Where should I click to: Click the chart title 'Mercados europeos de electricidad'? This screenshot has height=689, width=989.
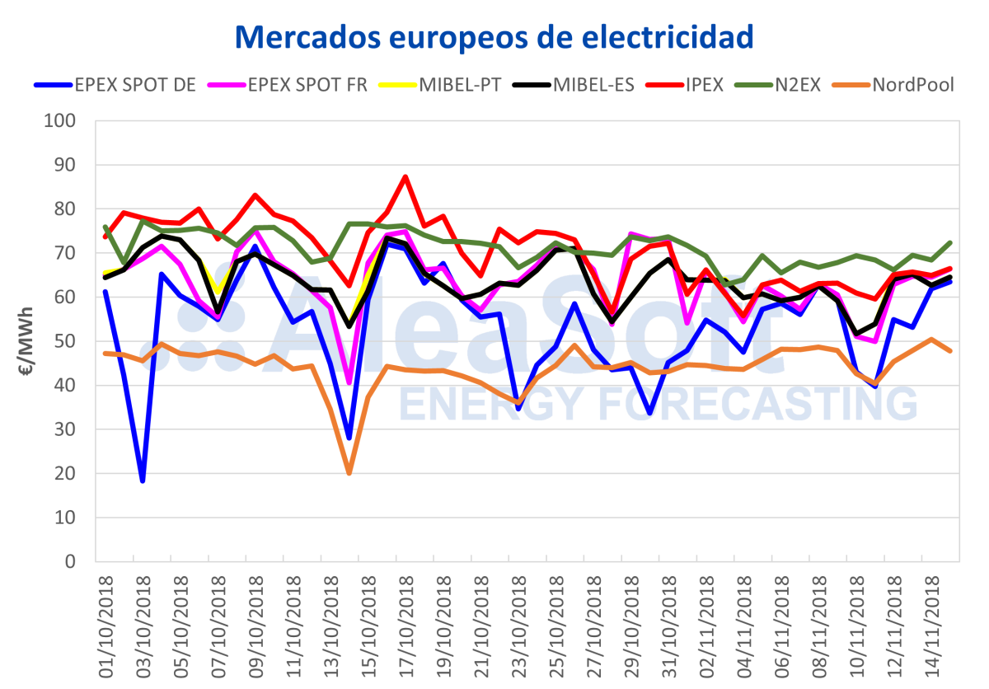pos(494,35)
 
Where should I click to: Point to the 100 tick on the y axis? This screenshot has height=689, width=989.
pos(63,121)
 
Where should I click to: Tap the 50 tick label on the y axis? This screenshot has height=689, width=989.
pos(68,341)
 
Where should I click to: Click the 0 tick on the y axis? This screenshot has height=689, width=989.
pos(73,562)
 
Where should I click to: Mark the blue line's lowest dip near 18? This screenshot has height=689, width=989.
pos(143,480)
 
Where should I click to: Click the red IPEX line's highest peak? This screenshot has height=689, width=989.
pos(405,176)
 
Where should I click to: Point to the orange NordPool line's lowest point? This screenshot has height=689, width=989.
pos(349,473)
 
